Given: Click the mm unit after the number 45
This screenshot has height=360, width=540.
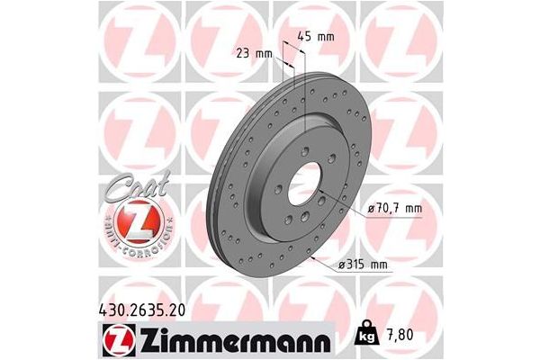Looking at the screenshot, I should click(325, 37).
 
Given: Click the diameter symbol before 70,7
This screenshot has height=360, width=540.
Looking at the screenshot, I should click(372, 210).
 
